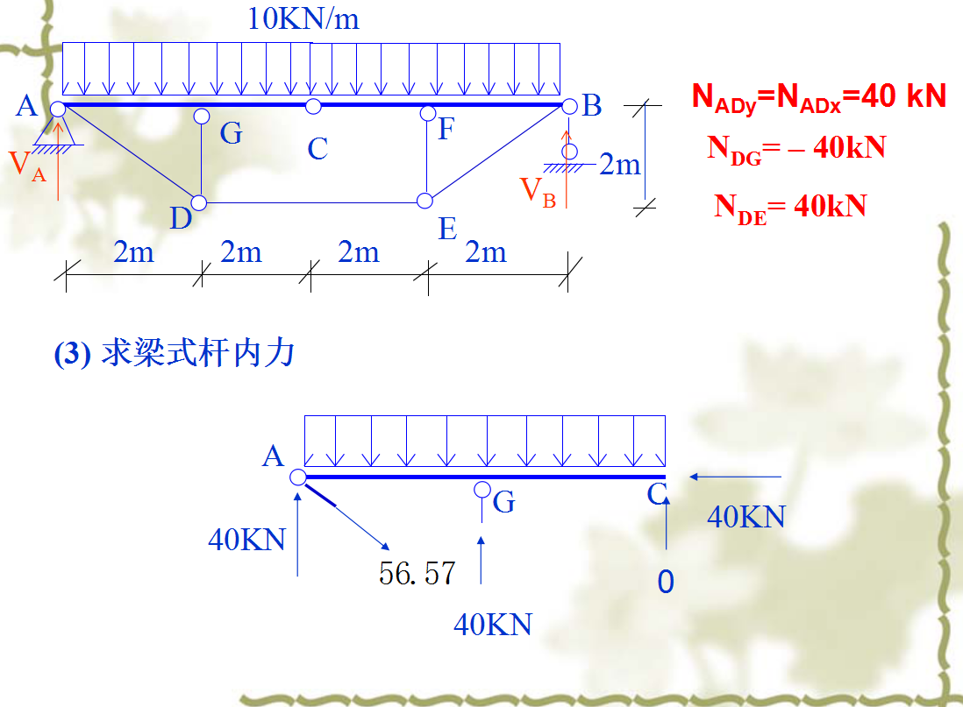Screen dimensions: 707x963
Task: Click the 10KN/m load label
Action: [x=303, y=18]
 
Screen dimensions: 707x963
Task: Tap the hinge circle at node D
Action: [x=199, y=203]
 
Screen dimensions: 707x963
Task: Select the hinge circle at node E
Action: [x=424, y=201]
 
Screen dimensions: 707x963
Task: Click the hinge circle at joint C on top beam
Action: [x=313, y=106]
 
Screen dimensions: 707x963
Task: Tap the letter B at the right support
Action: [x=592, y=107]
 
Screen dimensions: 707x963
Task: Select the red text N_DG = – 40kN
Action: [x=795, y=147]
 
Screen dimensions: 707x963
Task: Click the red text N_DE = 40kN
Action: [x=789, y=207]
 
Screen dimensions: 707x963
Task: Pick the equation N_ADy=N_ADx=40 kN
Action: [x=819, y=96]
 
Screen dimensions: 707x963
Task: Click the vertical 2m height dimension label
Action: [x=620, y=164]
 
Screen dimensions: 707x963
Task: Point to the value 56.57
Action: [x=417, y=573]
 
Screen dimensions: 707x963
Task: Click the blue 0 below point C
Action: [x=666, y=582]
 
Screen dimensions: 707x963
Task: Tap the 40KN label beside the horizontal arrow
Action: [x=746, y=517]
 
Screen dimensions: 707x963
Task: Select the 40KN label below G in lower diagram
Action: [x=493, y=624]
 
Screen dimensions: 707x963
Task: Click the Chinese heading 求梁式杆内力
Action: [x=174, y=355]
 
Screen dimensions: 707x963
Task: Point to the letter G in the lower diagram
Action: [x=504, y=502]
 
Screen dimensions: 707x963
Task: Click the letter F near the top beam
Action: [x=446, y=130]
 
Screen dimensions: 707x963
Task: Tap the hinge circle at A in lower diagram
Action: [x=297, y=477]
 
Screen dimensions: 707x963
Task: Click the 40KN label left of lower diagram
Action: [x=247, y=539]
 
